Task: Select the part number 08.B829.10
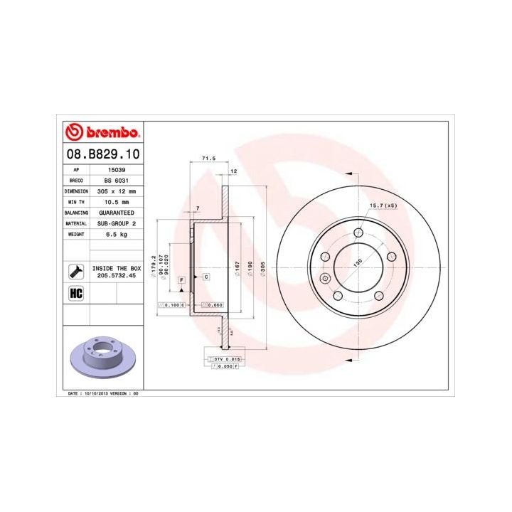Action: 102,153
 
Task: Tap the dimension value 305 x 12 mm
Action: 116,191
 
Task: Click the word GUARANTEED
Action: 116,213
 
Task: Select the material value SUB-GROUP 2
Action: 116,223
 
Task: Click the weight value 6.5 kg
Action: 116,234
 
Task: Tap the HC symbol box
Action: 75,293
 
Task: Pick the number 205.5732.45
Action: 116,274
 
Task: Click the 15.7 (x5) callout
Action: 383,206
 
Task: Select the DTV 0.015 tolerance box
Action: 227,360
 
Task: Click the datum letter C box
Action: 206,276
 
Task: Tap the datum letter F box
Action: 182,280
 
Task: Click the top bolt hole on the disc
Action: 360,232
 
